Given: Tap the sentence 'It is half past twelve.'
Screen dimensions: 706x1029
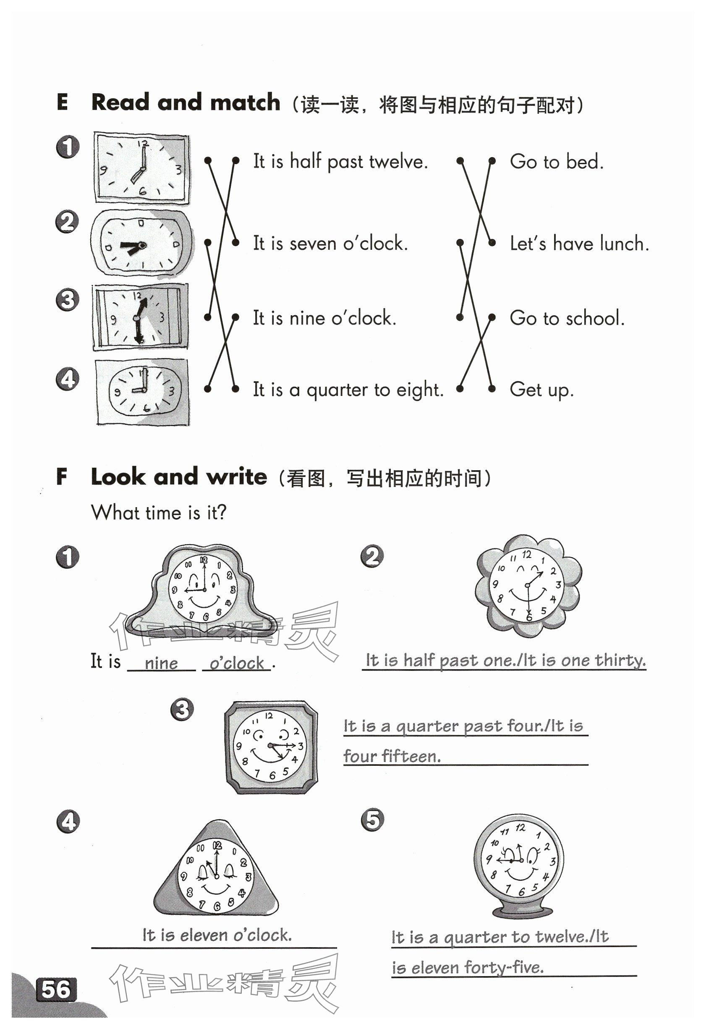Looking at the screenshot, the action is pos(340,162).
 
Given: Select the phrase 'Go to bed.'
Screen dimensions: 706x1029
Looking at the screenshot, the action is pos(557,162).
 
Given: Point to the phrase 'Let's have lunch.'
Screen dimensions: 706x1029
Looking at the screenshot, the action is pos(579,244).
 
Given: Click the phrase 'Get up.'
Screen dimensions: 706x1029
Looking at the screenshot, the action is pos(541,390).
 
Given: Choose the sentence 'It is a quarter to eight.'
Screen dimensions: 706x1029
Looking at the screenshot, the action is pos(348,390).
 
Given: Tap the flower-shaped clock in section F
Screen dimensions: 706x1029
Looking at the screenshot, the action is pos(528,586).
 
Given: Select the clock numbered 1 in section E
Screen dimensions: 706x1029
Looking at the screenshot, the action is pos(141,168).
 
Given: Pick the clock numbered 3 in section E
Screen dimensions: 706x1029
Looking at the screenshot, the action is pos(140,317).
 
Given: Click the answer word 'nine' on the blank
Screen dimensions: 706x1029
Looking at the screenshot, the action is pos(161,663).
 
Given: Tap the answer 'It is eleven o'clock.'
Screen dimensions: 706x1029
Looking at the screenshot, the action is pos(217,935).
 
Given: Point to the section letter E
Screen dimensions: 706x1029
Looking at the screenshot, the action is pos(63,102).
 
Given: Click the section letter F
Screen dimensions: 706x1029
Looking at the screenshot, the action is pos(62,477).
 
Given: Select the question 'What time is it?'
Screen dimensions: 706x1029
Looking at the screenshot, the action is pos(159,513).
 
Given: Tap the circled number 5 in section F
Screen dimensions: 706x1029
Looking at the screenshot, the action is pos(372,819).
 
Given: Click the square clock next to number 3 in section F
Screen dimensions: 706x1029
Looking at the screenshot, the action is pos(271,747).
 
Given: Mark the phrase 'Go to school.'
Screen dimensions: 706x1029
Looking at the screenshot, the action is pos(567,318).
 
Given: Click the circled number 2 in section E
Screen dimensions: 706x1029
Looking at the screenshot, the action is pos(67,221).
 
